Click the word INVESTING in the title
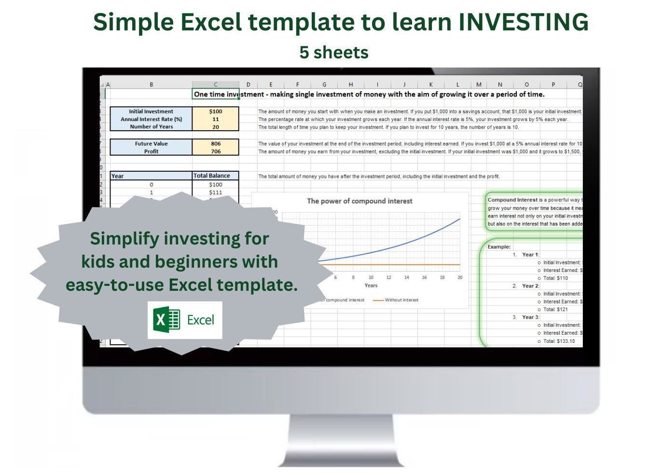coord(523,22)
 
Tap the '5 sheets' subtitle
coord(333,52)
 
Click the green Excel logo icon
coord(166,320)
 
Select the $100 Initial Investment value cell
coord(216,111)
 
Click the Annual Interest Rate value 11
coord(216,119)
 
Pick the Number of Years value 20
coord(216,127)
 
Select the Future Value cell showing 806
coord(216,144)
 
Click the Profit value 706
coord(216,151)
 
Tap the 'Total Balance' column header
coord(212,176)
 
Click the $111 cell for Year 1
coord(216,192)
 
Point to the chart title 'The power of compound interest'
coord(359,201)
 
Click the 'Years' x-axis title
coord(371,285)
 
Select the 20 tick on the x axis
coord(460,277)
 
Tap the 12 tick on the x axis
coord(388,277)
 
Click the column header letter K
coord(431,84)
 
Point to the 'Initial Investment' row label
coord(151,111)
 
